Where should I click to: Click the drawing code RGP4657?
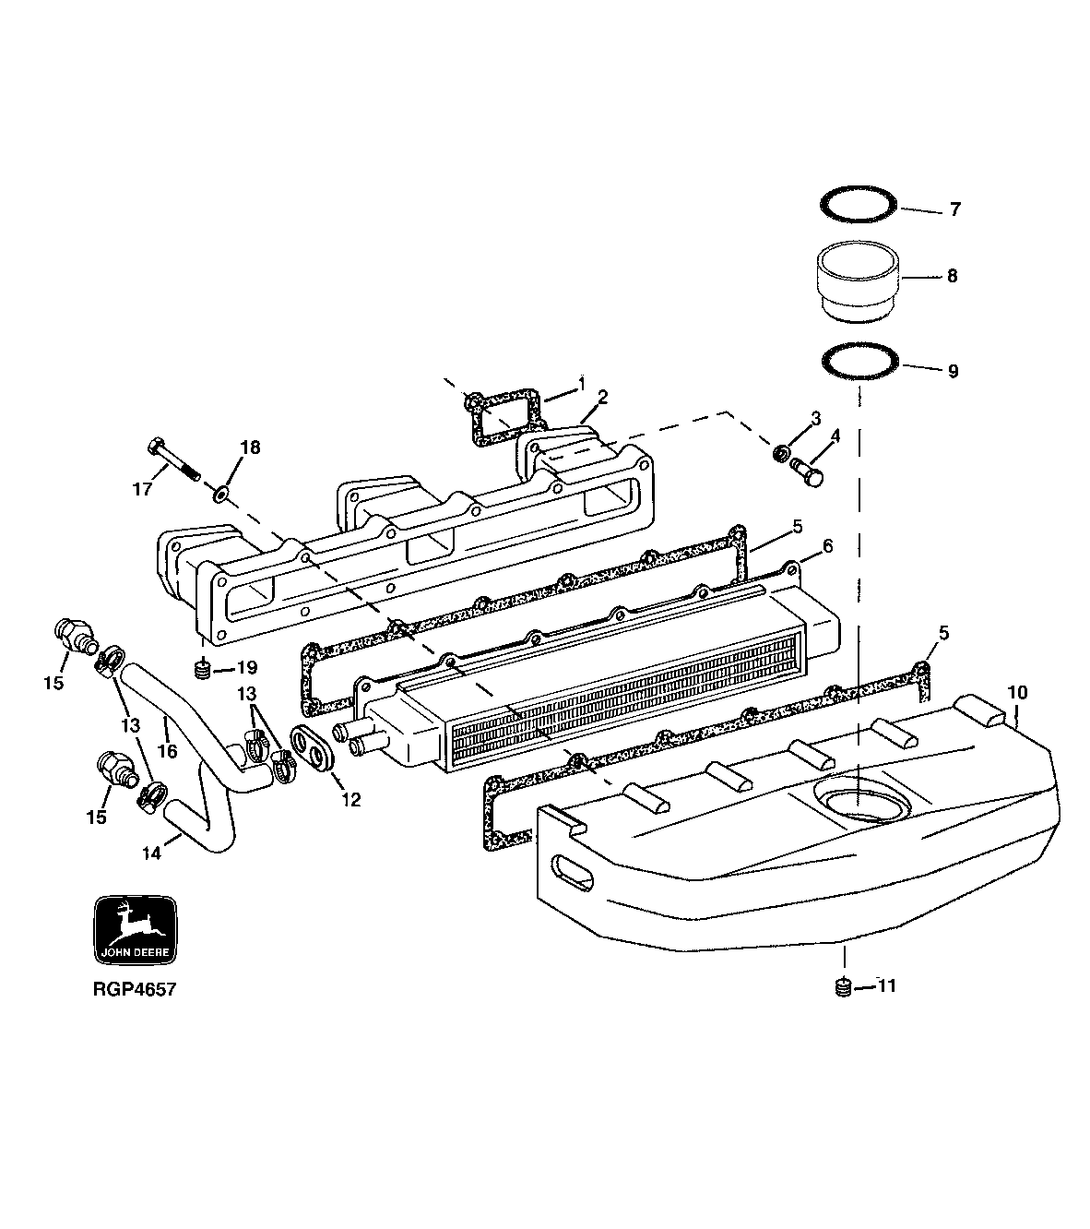[134, 989]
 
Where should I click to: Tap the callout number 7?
[954, 210]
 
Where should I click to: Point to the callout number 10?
[1016, 692]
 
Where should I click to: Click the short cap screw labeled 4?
[807, 472]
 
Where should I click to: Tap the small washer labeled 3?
[779, 453]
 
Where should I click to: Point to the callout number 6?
[827, 546]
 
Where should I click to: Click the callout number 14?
[150, 853]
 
